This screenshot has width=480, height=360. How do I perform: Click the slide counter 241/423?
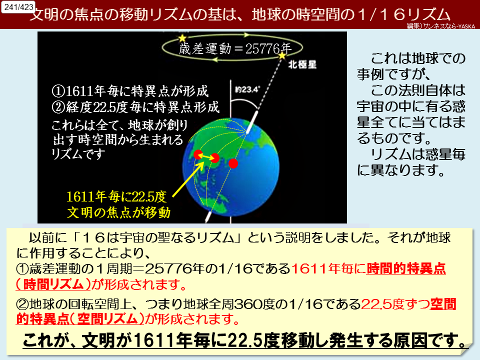click(x=18, y=6)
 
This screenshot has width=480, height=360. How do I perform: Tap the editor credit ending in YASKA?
click(x=441, y=26)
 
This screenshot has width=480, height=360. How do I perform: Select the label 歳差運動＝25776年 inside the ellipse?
click(x=235, y=48)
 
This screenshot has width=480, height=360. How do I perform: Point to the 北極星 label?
click(x=302, y=64)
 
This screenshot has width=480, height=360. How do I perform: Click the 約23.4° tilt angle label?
click(x=247, y=89)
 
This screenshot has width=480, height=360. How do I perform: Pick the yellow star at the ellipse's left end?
click(x=182, y=38)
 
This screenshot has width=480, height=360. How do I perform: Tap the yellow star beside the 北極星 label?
click(x=282, y=56)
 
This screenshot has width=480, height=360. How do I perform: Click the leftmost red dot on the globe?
click(x=198, y=154)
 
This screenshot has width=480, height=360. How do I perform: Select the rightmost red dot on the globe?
click(x=233, y=163)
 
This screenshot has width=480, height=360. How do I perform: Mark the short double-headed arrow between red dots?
click(x=206, y=156)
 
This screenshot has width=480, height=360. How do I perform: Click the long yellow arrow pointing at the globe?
click(x=188, y=179)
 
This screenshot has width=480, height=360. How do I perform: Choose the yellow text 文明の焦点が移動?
click(x=119, y=212)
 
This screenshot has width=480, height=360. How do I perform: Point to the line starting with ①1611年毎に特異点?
click(x=130, y=91)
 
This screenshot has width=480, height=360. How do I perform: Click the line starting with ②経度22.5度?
click(x=135, y=107)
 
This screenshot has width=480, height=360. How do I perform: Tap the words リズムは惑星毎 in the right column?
click(x=418, y=154)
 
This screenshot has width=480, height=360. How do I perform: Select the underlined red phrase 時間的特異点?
click(x=406, y=268)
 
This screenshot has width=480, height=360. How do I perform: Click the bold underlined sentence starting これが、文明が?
click(x=244, y=340)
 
